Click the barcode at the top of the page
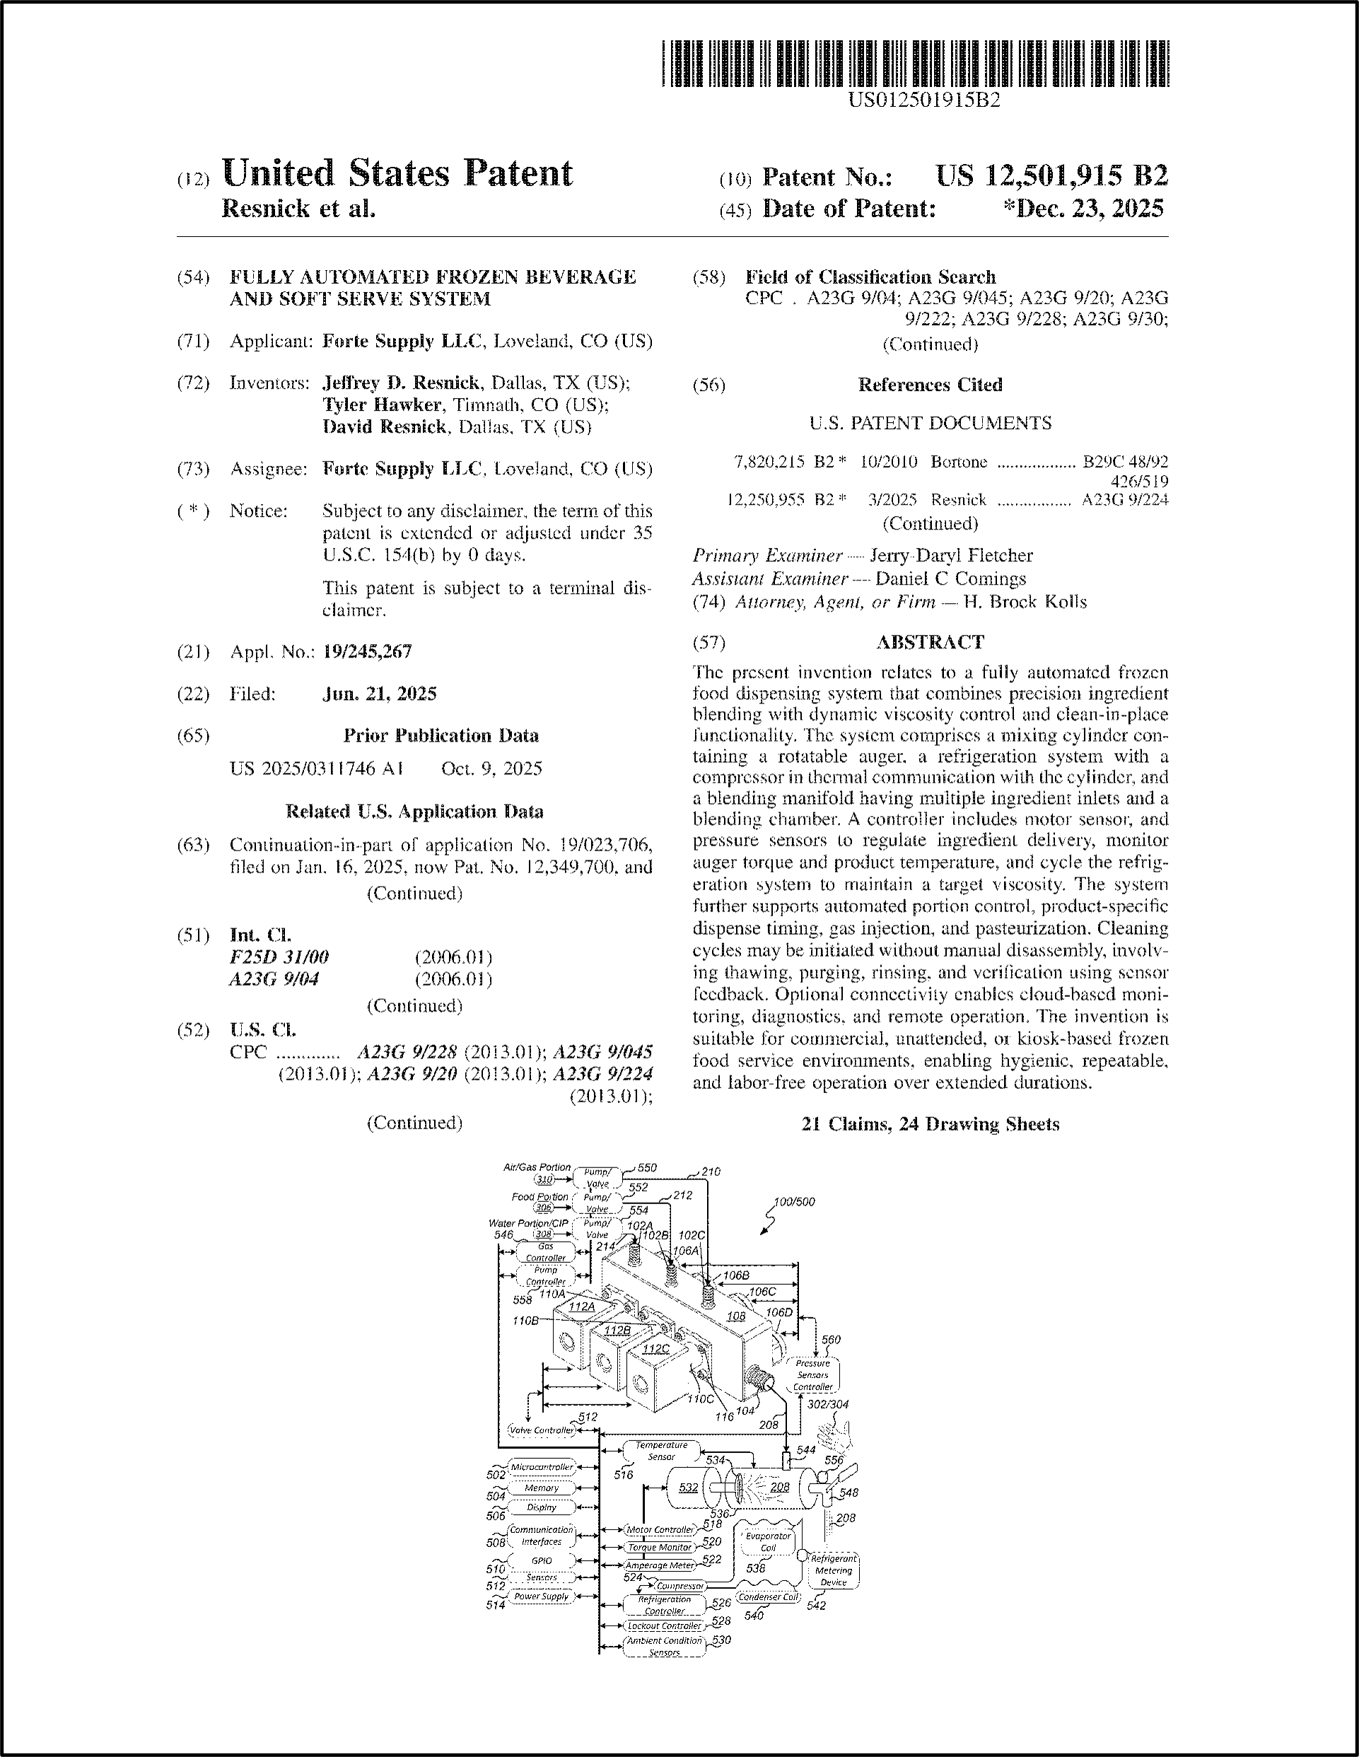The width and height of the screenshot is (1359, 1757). [x=915, y=64]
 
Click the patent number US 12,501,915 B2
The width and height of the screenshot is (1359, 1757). [x=1051, y=176]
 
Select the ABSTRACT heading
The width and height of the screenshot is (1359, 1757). [x=929, y=642]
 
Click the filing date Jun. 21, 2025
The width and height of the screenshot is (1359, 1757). [x=379, y=694]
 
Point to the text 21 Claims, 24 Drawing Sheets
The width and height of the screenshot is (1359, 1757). [x=929, y=1124]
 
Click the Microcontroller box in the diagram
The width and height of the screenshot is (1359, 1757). [x=542, y=1466]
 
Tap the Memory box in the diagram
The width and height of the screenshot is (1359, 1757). [x=542, y=1488]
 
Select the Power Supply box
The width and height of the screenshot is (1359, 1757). [x=542, y=1596]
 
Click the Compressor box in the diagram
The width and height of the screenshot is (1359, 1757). [x=680, y=1586]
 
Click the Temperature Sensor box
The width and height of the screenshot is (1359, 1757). [x=661, y=1450]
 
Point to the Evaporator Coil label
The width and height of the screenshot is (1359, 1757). [x=768, y=1541]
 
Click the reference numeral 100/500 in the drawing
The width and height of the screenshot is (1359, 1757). [x=793, y=1202]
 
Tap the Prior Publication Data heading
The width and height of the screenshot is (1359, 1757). [x=441, y=735]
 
